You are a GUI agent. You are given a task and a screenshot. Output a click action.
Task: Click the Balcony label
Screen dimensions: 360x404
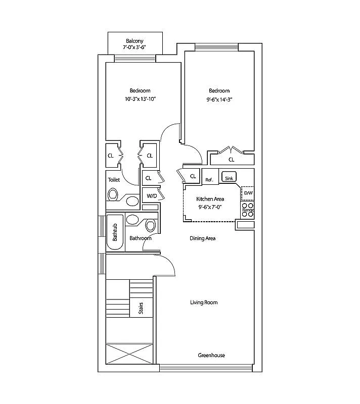134,41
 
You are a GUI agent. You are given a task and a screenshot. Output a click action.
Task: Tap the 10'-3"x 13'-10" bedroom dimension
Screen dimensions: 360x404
141,99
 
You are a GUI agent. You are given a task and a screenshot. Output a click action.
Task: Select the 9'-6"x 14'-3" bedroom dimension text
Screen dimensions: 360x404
219,99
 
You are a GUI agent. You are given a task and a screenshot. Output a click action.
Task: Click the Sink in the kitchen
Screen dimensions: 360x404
229,177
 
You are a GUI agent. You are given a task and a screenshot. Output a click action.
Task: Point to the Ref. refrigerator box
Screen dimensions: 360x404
210,176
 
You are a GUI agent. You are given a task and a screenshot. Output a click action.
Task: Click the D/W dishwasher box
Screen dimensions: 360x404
248,193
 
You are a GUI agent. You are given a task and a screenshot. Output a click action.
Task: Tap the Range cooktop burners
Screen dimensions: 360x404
248,210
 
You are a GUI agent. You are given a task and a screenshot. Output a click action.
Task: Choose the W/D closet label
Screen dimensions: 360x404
152,196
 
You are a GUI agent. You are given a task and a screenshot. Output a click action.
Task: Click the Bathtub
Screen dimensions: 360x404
115,232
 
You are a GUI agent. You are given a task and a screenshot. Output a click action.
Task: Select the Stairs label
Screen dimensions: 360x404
141,308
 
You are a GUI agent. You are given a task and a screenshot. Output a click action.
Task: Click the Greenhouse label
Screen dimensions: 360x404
211,356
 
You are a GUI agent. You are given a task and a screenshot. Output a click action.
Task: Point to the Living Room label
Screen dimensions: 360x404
204,302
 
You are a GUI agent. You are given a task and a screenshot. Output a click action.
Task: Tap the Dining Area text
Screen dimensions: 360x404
203,238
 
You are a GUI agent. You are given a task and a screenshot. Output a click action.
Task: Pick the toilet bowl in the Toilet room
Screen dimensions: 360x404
113,194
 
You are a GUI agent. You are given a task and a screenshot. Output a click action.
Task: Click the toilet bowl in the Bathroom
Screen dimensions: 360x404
151,225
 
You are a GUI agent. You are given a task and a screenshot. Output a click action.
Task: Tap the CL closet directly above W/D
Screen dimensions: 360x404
150,178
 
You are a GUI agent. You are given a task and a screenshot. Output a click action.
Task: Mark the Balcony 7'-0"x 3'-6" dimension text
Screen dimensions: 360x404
134,47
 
